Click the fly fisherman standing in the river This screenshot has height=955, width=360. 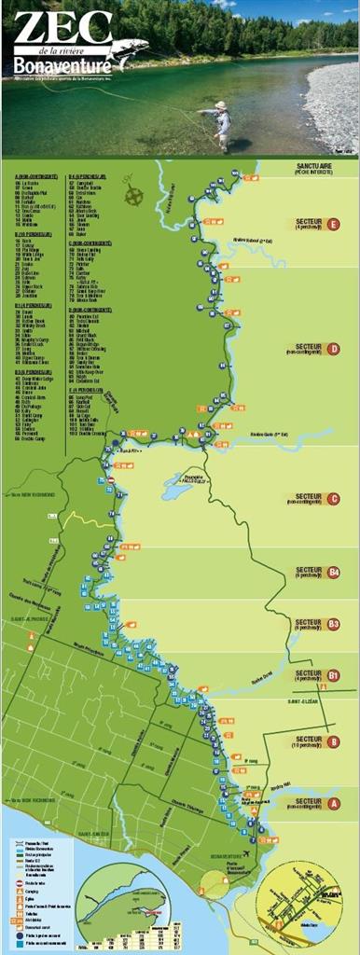pyautogui.click(x=220, y=124)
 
